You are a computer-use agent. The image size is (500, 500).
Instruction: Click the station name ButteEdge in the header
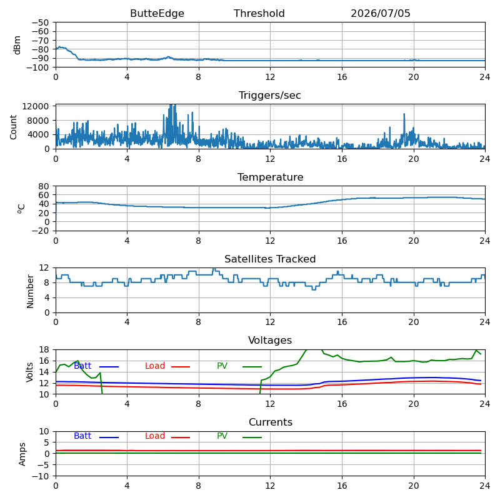tap(157, 13)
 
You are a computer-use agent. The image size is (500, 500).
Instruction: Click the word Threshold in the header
tap(259, 13)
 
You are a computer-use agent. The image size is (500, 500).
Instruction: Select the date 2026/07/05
tap(381, 13)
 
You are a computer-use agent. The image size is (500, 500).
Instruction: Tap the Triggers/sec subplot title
tap(270, 96)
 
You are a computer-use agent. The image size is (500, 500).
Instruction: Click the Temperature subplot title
tap(271, 177)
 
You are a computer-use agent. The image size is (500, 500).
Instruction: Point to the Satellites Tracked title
tap(270, 259)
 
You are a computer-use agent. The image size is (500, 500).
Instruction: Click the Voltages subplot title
tap(270, 341)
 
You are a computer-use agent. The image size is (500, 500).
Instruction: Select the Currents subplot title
tap(271, 422)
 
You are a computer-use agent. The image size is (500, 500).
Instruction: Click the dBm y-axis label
tap(17, 45)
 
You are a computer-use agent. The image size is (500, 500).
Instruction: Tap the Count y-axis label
tap(13, 127)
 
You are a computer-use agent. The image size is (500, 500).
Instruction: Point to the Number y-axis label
tap(30, 291)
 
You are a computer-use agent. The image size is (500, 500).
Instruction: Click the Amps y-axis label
tap(22, 454)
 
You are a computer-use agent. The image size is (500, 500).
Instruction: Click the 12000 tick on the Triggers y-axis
tap(36, 106)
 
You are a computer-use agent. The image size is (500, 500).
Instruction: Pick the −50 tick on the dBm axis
tap(40, 22)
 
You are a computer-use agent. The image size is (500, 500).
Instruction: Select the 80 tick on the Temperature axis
tap(44, 186)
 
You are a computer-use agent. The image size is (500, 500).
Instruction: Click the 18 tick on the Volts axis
tap(44, 349)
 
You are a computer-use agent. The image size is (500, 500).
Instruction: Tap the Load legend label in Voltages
tap(155, 366)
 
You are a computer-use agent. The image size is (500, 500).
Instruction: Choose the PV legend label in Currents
tap(222, 436)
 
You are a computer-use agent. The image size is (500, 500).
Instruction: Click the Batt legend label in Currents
tap(82, 436)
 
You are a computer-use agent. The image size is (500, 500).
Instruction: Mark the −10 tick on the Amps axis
tap(40, 476)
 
